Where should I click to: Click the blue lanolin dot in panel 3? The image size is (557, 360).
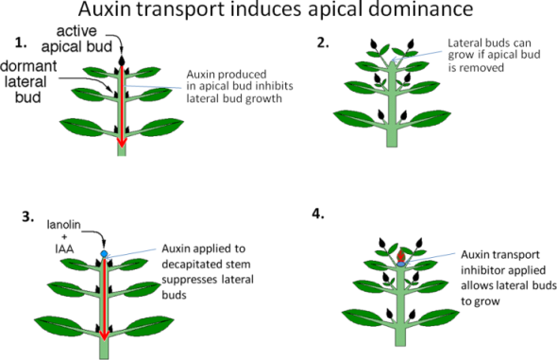(x=104, y=254)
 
